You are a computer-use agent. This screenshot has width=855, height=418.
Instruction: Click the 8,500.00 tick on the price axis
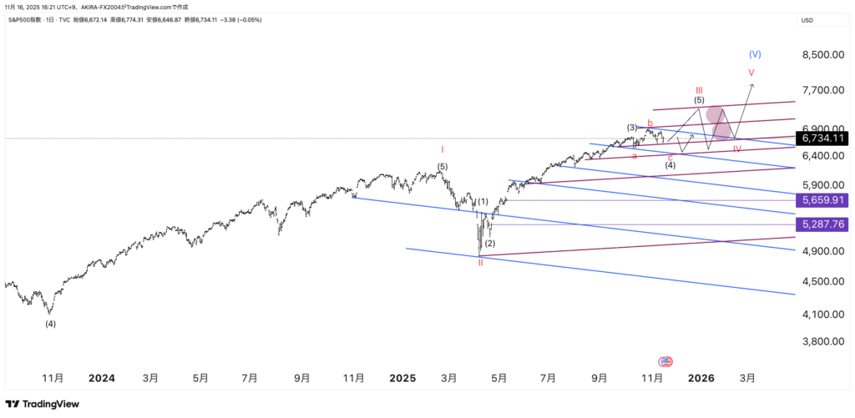coord(822,55)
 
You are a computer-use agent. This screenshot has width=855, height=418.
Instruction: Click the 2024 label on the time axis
coord(102,378)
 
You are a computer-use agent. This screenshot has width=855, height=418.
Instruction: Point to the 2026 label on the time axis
coord(701,378)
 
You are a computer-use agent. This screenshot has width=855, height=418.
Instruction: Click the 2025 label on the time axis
coord(402,378)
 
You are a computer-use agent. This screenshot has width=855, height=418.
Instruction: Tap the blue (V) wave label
coord(755,54)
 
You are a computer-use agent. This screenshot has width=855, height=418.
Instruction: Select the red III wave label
coord(699,89)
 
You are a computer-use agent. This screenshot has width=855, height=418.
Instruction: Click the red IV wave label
coord(737,149)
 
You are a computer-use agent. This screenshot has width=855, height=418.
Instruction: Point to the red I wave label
coord(443,150)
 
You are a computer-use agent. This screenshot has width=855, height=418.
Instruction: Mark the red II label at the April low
coord(480,263)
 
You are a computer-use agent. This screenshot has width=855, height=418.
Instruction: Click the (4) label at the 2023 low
coord(50,324)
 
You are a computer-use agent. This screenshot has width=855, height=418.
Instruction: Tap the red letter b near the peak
coord(650,123)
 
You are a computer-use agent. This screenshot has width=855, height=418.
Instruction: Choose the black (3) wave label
coord(633,128)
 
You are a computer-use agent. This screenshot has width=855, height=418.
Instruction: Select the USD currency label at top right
coord(807,20)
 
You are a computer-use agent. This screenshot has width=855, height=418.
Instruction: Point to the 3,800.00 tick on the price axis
coord(822,341)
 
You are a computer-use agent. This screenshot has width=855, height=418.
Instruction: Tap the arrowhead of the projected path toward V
coord(753,84)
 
